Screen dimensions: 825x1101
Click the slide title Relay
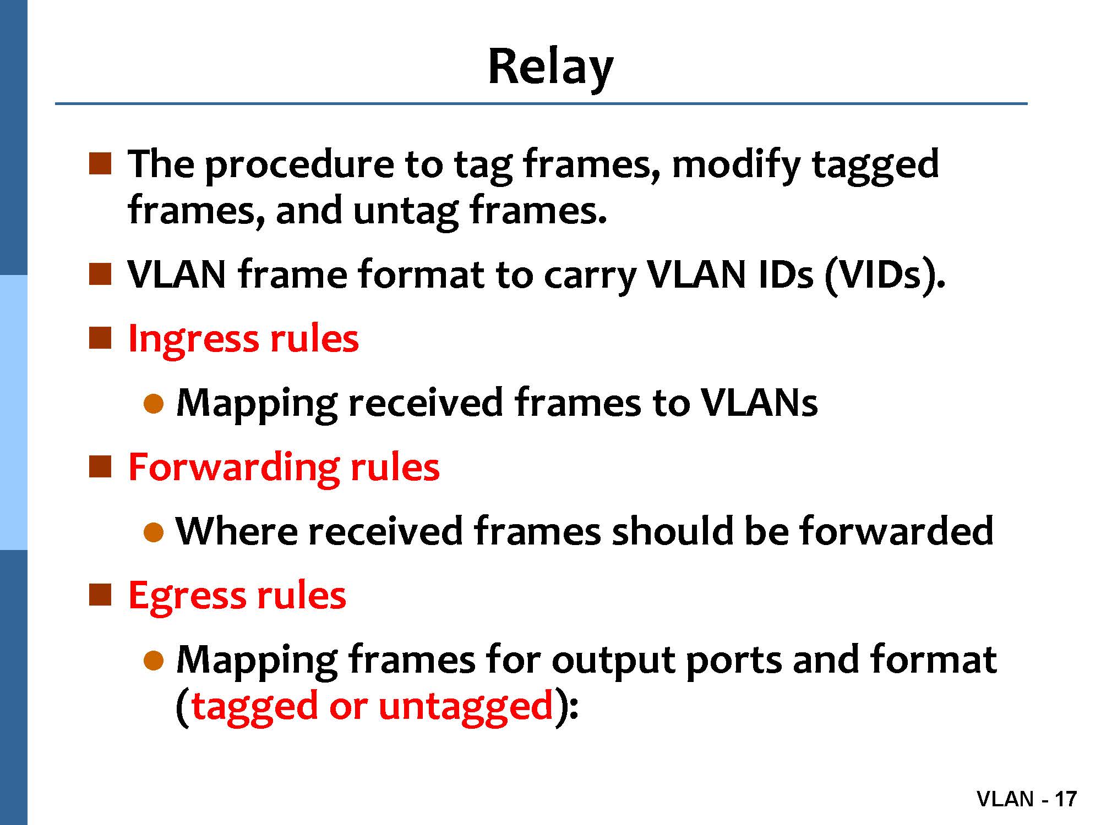tap(550, 67)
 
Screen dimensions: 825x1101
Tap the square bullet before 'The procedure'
tap(100, 164)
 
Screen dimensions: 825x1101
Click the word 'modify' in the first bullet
tap(736, 165)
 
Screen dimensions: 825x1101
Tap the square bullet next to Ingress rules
tap(100, 338)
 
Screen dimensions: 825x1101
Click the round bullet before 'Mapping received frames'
tap(154, 404)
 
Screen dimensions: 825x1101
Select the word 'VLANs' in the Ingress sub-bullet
tap(759, 403)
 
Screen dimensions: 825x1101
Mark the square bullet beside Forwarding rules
tap(100, 467)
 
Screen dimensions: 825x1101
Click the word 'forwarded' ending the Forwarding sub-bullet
tap(896, 531)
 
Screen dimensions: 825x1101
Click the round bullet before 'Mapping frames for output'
tap(154, 661)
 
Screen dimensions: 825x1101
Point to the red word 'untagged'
tap(466, 706)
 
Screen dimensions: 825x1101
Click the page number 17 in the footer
tap(1065, 799)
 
